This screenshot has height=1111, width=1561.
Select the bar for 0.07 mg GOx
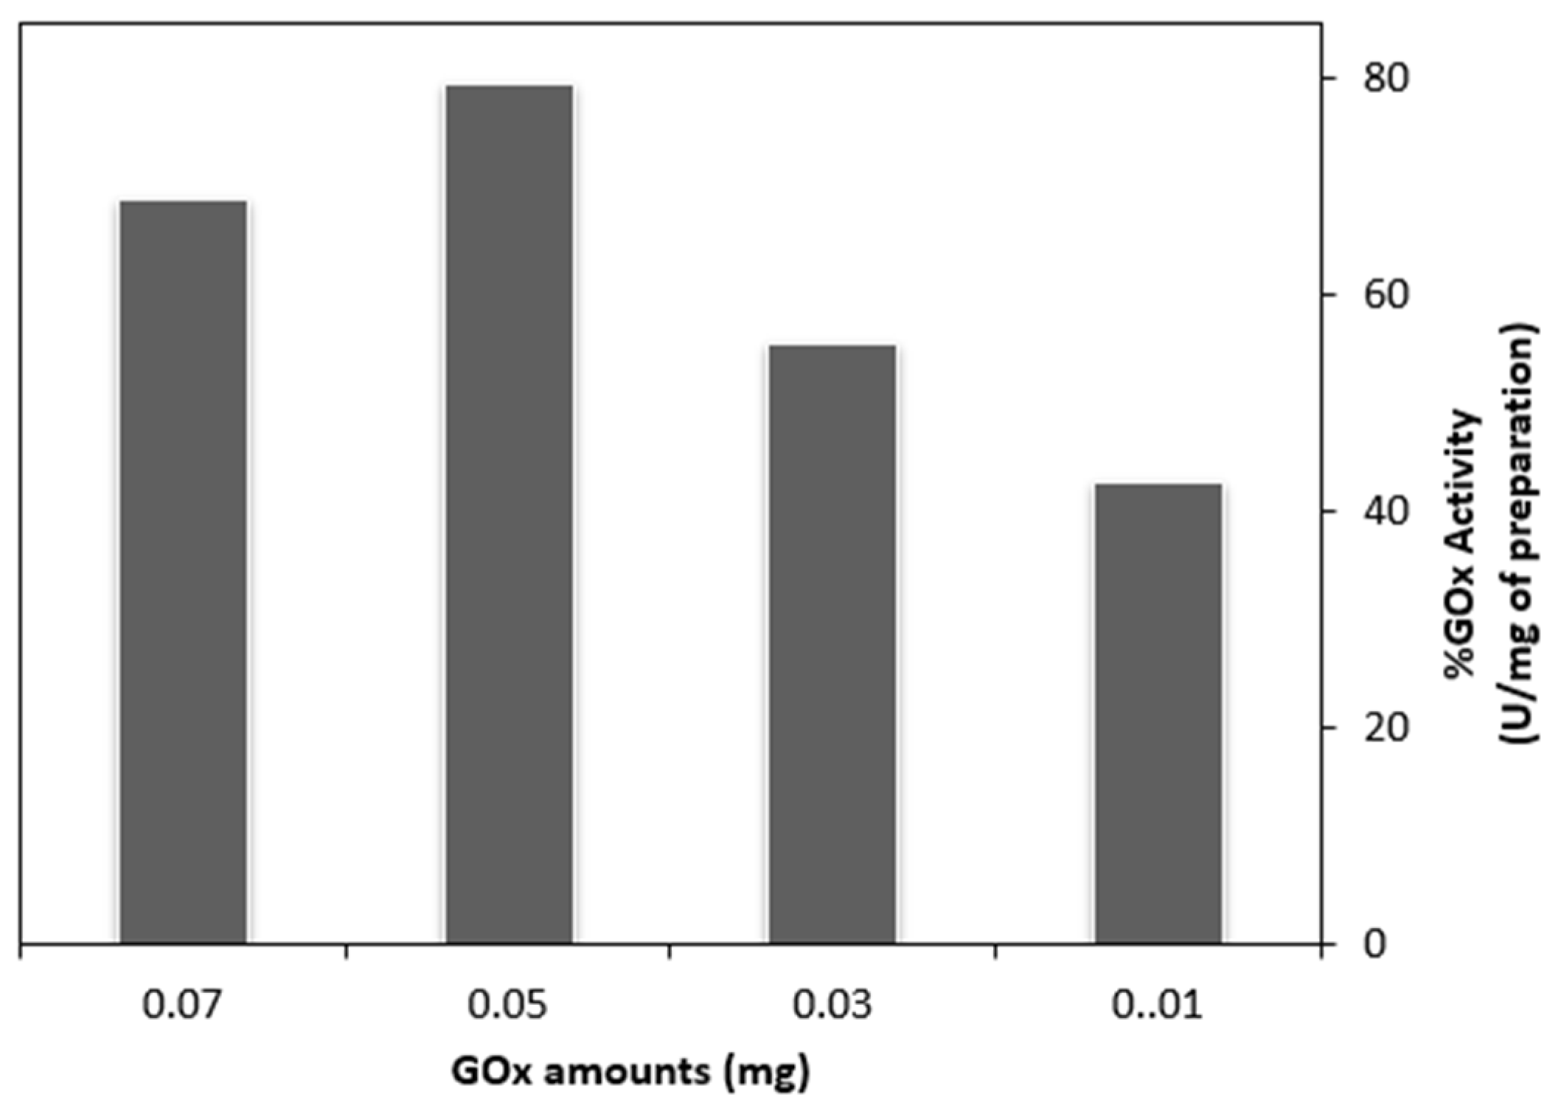pos(183,572)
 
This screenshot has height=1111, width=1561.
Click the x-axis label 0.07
pos(181,1005)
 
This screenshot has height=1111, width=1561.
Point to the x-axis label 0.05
pos(507,1005)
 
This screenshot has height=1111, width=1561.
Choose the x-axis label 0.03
pos(832,1005)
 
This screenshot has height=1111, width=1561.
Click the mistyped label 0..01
pos(1156,1005)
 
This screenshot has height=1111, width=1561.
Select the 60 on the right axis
pos(1385,294)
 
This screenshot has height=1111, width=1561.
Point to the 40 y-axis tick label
pos(1385,510)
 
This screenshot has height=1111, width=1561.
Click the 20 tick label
pos(1385,727)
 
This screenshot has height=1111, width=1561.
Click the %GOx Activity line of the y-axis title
pos(1463,542)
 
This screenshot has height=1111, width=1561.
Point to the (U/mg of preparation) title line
pos(1522,533)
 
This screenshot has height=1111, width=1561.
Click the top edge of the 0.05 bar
pos(509,87)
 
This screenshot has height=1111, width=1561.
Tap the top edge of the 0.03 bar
pos(832,346)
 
